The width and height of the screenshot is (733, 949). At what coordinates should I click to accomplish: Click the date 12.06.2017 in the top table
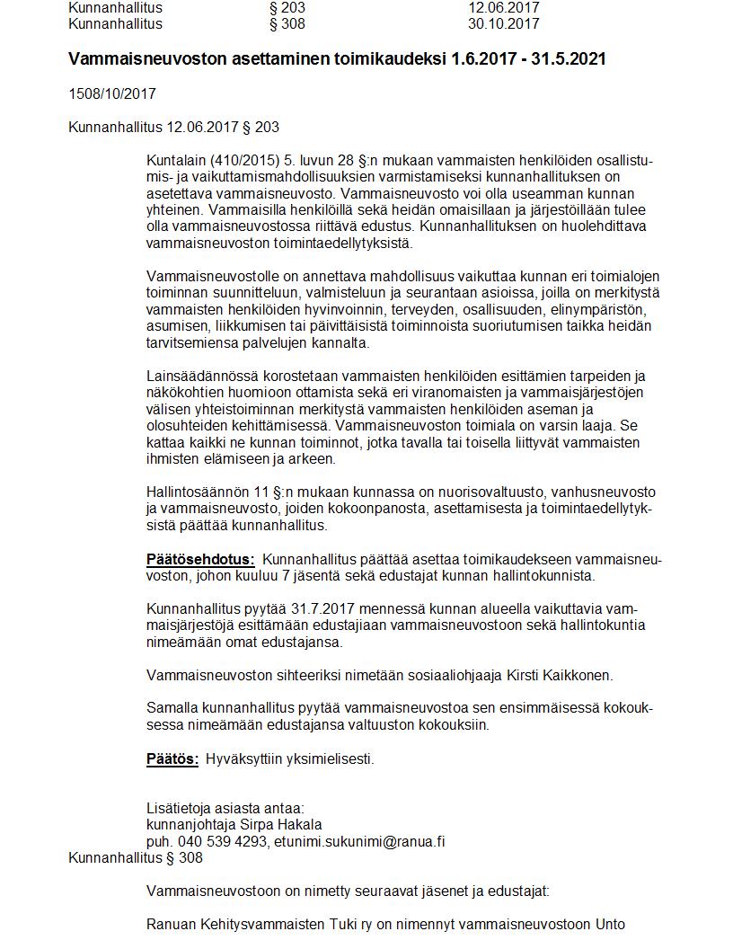(503, 8)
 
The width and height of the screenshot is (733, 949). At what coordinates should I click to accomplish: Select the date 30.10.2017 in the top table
(503, 23)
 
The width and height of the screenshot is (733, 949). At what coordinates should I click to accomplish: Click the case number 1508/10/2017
(112, 93)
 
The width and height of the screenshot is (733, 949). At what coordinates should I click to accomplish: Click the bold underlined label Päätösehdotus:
(200, 560)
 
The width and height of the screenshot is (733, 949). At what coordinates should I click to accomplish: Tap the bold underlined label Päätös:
(172, 759)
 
